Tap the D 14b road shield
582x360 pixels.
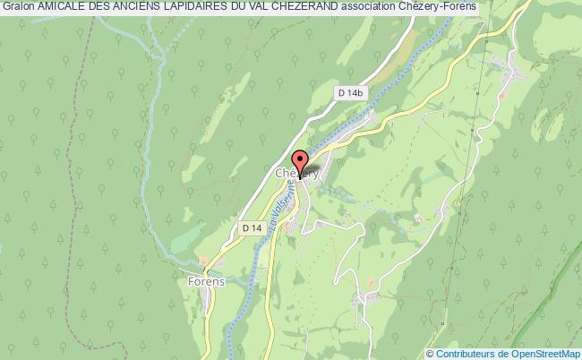click(349, 92)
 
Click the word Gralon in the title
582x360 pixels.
click(19, 7)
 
